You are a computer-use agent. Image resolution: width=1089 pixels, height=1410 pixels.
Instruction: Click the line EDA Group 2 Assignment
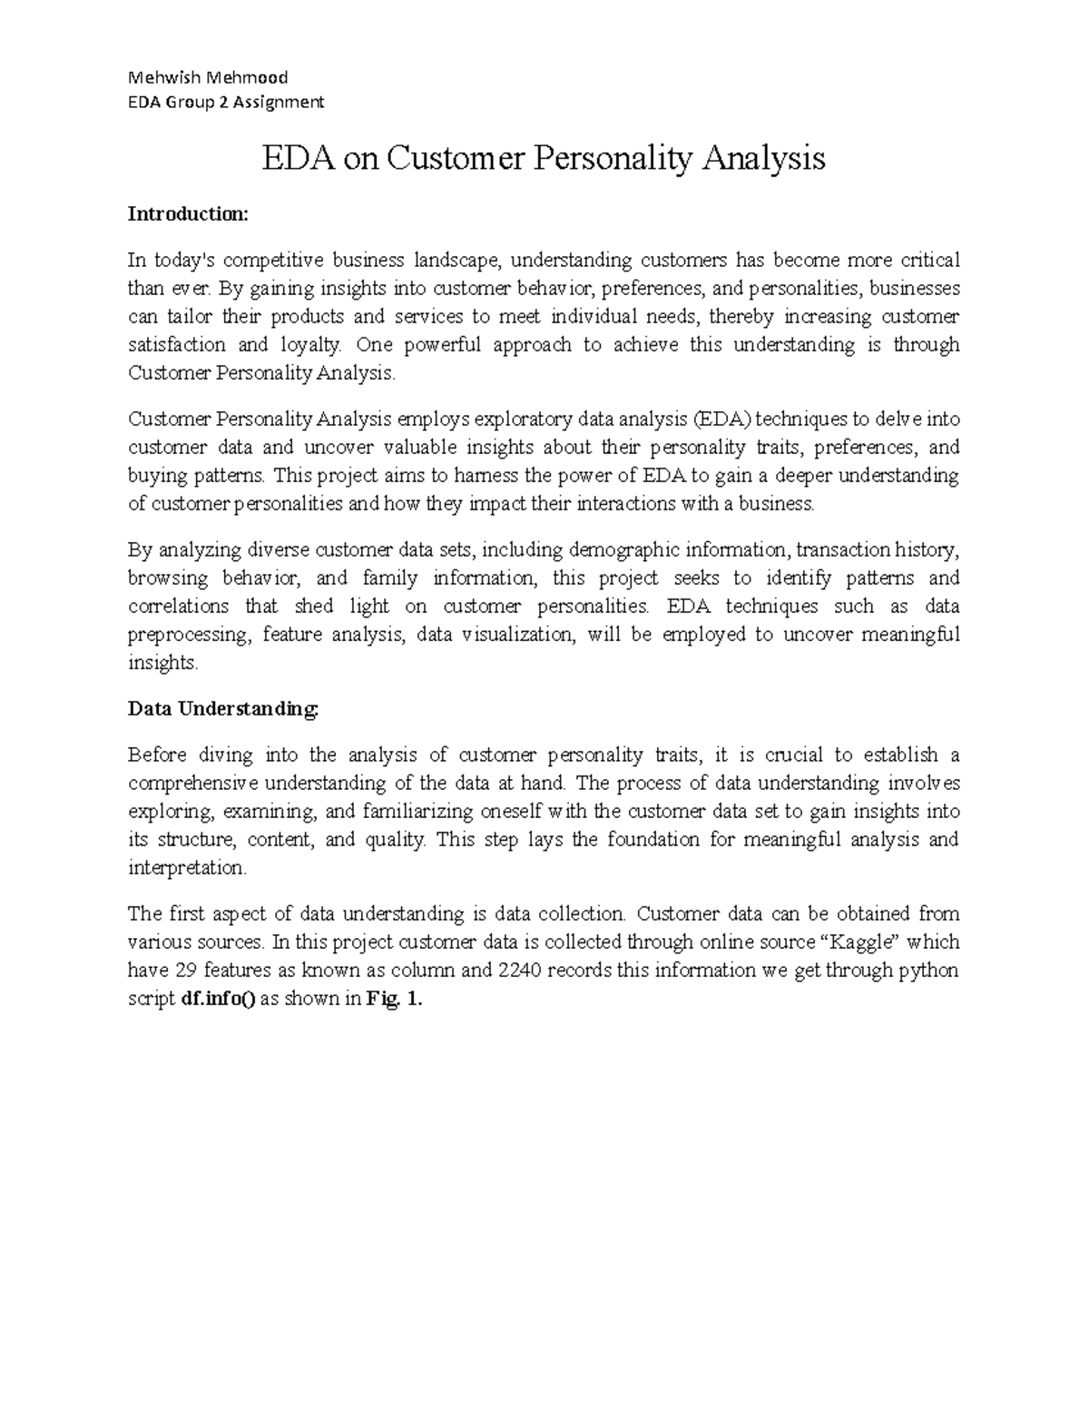(x=225, y=102)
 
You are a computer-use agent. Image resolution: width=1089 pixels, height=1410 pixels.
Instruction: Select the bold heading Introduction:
(x=187, y=214)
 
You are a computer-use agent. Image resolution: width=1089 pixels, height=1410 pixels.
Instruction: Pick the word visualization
(x=518, y=635)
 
